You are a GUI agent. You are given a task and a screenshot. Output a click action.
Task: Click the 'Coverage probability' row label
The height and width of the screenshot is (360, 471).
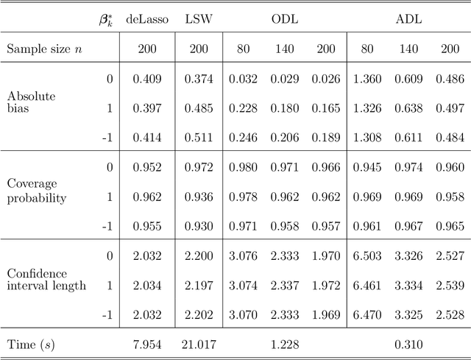tap(36, 191)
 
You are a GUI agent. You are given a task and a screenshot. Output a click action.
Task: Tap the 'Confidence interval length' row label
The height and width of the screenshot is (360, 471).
tap(46, 280)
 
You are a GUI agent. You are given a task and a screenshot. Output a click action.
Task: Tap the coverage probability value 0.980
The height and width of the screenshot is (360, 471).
tap(243, 167)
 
